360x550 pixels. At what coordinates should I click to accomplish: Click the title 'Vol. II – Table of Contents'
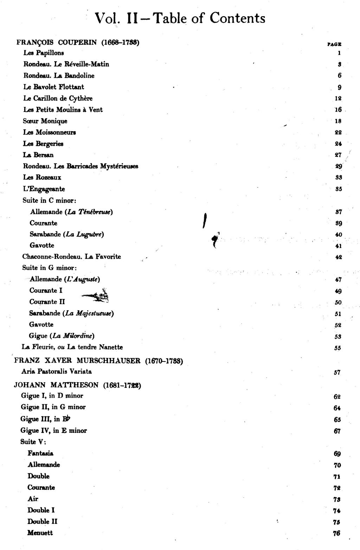(x=180, y=19)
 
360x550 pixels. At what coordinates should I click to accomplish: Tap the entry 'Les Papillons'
(x=44, y=53)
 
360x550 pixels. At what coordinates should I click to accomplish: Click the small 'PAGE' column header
(x=334, y=44)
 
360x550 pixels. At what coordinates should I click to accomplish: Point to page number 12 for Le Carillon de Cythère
(x=338, y=98)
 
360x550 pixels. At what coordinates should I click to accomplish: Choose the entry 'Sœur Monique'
(x=45, y=121)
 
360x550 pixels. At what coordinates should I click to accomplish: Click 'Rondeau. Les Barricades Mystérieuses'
(x=81, y=166)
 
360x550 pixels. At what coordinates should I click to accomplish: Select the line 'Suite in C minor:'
(x=49, y=200)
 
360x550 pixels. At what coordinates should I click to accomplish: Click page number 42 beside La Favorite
(x=339, y=257)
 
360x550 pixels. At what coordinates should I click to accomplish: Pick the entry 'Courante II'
(x=47, y=302)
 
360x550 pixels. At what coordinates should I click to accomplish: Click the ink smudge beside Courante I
(x=96, y=296)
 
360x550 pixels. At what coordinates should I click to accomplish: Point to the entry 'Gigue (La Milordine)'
(x=62, y=336)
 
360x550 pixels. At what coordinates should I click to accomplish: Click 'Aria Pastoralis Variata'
(x=57, y=371)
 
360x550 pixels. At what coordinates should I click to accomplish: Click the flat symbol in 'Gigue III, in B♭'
(x=69, y=418)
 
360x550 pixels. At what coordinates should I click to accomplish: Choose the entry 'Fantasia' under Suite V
(x=40, y=453)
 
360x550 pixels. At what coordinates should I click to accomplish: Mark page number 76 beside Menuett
(x=336, y=533)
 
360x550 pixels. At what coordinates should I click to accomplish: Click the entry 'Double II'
(x=42, y=522)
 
